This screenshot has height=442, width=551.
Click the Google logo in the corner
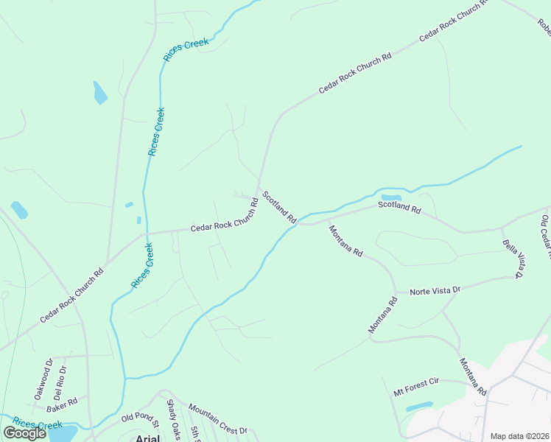25,433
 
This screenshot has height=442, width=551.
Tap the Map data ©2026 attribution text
520,436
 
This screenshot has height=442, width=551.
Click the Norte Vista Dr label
435,291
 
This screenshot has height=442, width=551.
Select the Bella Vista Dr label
512,259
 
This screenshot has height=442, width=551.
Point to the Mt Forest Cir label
415,387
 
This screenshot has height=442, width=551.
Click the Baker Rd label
62,404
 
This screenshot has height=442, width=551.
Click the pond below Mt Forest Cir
420,406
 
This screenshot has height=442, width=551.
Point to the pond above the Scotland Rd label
391,197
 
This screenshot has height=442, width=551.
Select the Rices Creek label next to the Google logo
37,424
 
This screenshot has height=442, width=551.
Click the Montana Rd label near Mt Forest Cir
472,376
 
